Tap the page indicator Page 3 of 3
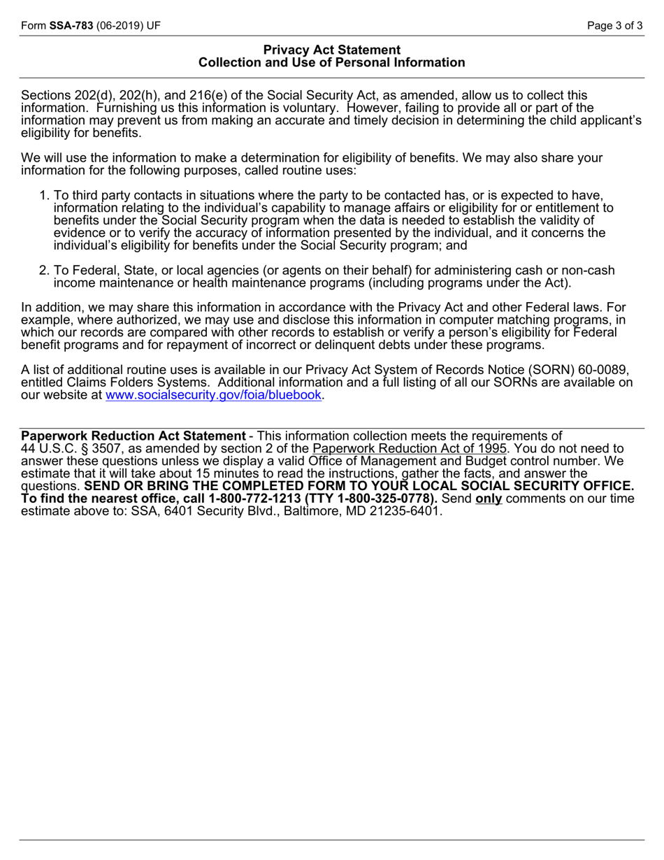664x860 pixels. (x=614, y=26)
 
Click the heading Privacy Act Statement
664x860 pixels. (x=332, y=50)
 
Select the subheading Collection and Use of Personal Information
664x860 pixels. (x=332, y=63)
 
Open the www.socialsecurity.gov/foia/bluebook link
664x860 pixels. (x=213, y=395)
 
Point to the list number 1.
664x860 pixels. (x=44, y=195)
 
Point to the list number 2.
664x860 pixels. (x=44, y=271)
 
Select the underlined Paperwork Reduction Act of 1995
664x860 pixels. (x=410, y=448)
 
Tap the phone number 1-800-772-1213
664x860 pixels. (x=250, y=499)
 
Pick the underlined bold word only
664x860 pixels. (x=489, y=499)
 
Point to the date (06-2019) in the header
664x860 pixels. (x=120, y=26)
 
